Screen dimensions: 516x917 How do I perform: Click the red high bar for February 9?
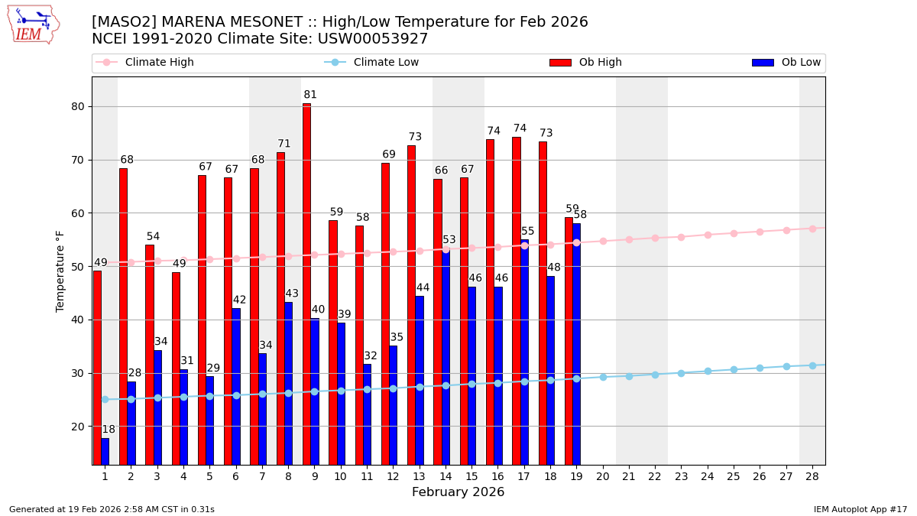pos(306,283)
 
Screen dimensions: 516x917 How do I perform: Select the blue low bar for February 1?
pos(105,451)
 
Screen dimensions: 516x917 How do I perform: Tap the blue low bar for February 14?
pos(446,355)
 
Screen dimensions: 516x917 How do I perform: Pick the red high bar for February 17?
pos(517,298)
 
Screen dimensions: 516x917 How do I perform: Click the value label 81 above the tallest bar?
pos(309,95)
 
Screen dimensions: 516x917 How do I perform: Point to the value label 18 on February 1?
pos(109,430)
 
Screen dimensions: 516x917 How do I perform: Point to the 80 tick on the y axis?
pos(77,106)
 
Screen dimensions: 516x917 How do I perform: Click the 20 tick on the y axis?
pos(77,427)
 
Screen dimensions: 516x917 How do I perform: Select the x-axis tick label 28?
pos(812,476)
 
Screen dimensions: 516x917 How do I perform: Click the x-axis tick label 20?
pos(602,476)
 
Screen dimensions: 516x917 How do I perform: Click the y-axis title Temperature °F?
pos(61,271)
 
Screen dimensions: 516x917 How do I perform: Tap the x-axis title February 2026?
pos(458,492)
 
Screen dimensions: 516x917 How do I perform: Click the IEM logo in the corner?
pos(33,24)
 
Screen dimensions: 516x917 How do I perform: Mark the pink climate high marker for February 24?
pos(708,235)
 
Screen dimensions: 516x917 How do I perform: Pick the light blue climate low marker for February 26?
pos(760,368)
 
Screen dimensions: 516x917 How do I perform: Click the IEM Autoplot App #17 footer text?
pos(860,509)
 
